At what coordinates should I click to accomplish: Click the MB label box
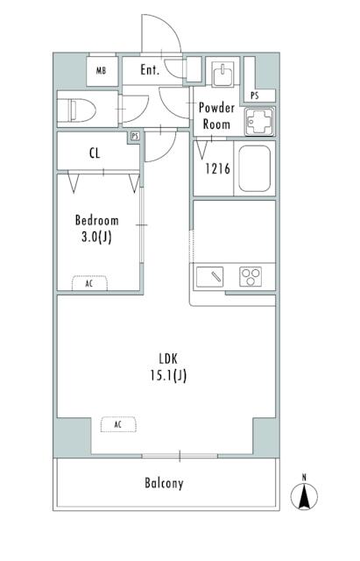point(102,70)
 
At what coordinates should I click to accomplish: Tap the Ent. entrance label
point(150,70)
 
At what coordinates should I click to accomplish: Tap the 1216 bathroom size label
point(217,169)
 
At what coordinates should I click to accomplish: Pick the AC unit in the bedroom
point(89,283)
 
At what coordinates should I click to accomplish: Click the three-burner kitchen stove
point(252,277)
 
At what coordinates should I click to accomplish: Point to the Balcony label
point(165,483)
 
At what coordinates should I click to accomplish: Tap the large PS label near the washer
point(255,95)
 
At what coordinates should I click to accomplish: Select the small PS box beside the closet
point(135,137)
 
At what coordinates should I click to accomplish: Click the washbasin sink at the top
point(222,73)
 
